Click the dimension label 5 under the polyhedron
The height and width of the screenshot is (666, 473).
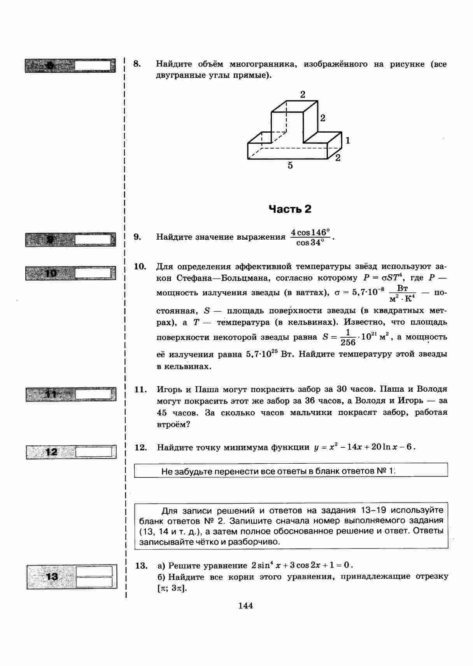pyautogui.click(x=290, y=165)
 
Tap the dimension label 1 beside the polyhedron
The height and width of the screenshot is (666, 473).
pyautogui.click(x=348, y=140)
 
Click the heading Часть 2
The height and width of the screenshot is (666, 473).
pyautogui.click(x=290, y=209)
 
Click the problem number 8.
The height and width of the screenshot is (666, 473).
pyautogui.click(x=137, y=64)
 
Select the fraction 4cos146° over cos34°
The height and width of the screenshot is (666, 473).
pyautogui.click(x=310, y=237)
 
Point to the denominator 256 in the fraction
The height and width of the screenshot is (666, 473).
pyautogui.click(x=348, y=342)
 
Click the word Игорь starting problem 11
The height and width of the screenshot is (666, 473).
pyautogui.click(x=168, y=389)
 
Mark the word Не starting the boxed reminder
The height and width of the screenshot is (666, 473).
pyautogui.click(x=166, y=471)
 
